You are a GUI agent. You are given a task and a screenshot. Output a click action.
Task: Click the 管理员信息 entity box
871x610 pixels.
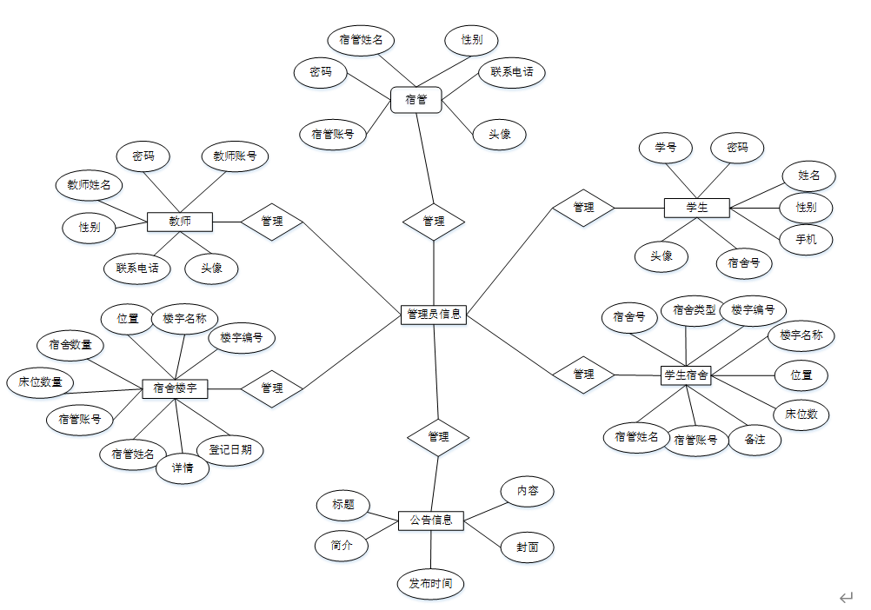(434, 314)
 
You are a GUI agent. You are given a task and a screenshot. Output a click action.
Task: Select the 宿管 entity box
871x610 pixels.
(416, 100)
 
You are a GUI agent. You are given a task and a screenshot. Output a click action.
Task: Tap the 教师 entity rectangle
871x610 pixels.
(180, 222)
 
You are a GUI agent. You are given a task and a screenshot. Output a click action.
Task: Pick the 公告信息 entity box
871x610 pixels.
(430, 520)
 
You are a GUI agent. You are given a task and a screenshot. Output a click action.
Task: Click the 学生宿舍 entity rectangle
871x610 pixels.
(687, 375)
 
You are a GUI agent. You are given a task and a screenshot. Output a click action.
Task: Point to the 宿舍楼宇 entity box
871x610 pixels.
(175, 388)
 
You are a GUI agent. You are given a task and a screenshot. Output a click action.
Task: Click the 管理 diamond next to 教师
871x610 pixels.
(272, 222)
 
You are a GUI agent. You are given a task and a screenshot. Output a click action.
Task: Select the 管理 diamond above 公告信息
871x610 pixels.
(438, 436)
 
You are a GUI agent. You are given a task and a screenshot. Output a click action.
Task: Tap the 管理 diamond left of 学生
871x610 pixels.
(583, 208)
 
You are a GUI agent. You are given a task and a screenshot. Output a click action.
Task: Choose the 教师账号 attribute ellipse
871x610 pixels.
(235, 156)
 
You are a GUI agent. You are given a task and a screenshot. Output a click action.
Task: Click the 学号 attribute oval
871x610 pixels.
(666, 148)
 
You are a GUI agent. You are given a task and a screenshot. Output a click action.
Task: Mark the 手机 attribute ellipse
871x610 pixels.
(806, 239)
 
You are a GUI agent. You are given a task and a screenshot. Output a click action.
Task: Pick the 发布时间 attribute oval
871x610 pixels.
(430, 583)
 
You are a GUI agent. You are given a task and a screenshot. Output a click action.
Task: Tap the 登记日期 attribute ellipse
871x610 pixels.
(229, 449)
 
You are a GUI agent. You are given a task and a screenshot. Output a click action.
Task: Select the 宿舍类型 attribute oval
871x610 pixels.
(695, 309)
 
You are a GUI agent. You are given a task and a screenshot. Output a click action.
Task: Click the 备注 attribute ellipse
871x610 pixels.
(755, 440)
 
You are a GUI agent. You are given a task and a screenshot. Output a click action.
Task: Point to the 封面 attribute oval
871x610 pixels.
(528, 547)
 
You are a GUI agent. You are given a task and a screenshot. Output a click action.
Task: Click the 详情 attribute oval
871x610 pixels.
(183, 469)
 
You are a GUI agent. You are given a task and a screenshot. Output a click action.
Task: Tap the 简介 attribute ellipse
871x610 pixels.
(341, 546)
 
